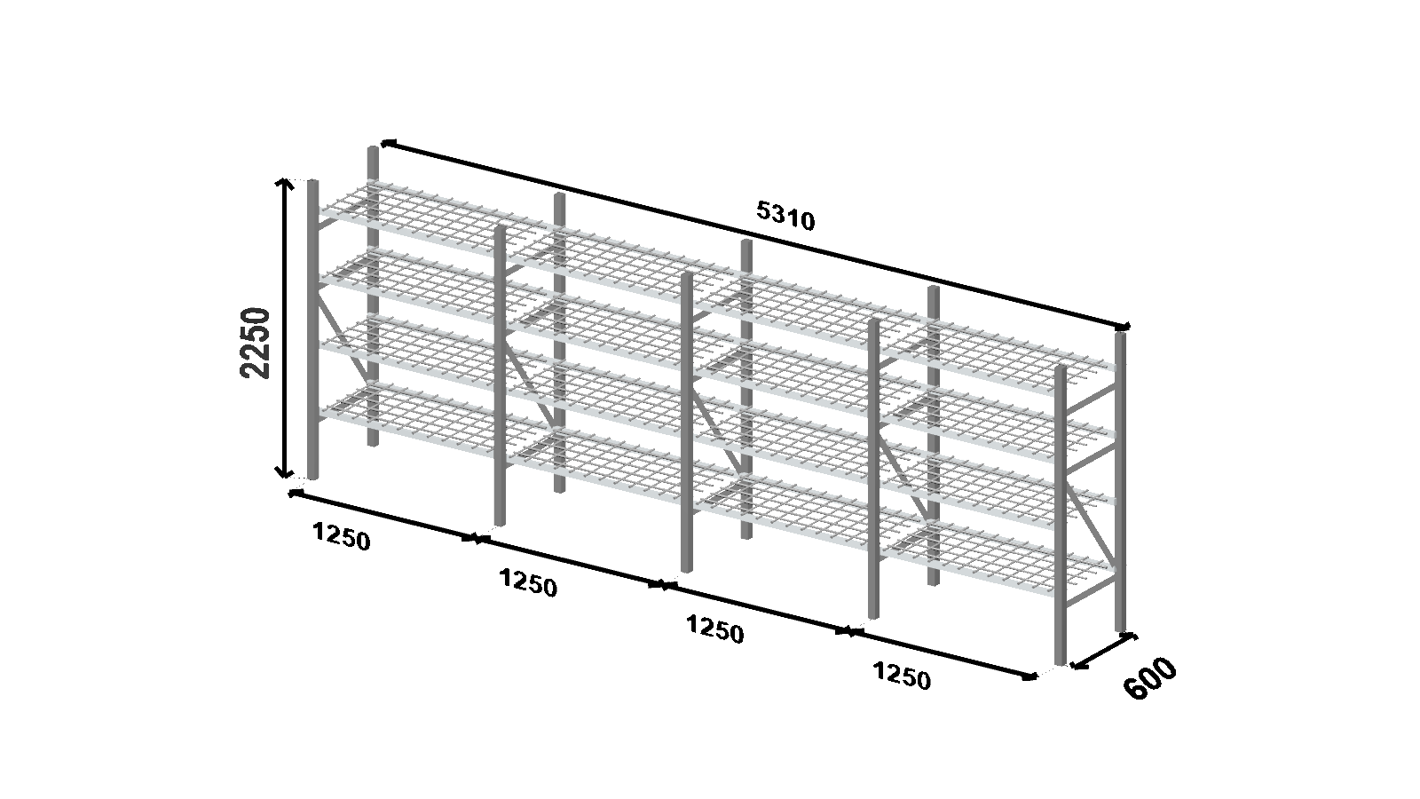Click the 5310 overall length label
point(785,216)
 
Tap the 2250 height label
point(256,343)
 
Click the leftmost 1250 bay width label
point(341,536)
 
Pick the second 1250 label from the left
point(528,582)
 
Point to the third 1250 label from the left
point(715,629)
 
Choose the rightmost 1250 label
point(902,675)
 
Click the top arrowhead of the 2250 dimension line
point(284,184)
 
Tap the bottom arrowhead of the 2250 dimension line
point(284,472)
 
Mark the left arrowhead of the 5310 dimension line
point(387,143)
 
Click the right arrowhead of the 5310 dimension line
point(1124,327)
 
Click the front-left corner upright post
point(312,329)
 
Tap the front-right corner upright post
point(1060,515)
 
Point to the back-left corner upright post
point(373,297)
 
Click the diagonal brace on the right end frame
point(1091,524)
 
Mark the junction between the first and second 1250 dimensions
point(476,539)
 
